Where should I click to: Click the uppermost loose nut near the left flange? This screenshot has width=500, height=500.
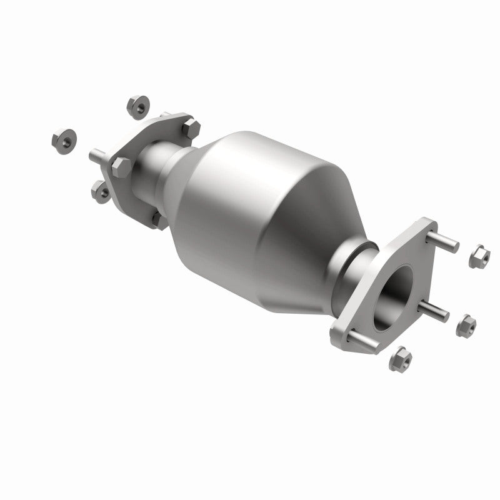pos(136,106)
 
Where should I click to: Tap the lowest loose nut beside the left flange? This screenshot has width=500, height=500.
pos(101,191)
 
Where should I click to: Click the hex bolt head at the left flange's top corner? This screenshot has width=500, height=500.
pos(191,129)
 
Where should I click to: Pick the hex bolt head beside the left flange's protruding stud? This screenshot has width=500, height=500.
pos(121,167)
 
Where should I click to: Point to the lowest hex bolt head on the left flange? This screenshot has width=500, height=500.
pos(159,220)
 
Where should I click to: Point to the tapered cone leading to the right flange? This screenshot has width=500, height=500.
pos(325,250)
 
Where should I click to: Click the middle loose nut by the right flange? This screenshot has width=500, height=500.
pos(466,326)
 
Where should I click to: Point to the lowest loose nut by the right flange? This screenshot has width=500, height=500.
pos(400,359)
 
